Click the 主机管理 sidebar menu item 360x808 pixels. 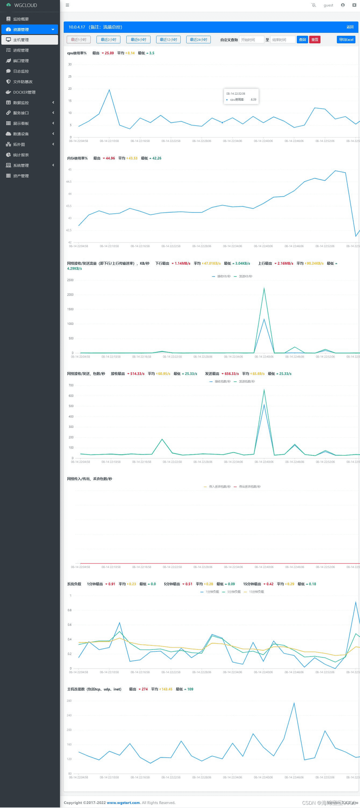[21, 40]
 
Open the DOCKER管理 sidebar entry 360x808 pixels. [24, 92]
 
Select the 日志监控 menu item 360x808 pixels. [21, 71]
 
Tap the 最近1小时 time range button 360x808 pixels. [79, 40]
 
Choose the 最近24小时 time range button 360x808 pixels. [198, 40]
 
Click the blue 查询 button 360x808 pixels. [302, 40]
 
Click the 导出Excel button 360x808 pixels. [346, 40]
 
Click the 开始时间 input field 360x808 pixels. [251, 40]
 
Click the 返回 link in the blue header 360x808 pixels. [350, 27]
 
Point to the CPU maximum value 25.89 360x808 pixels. [109, 53]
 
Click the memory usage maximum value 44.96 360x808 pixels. [110, 158]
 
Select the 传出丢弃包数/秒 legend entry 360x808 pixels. [249, 487]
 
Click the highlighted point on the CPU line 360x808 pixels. [222, 123]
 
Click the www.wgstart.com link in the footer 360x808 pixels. [123, 802]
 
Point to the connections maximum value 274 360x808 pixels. [145, 689]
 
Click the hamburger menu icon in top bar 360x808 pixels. [67, 5]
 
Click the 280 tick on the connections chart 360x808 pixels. [69, 701]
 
